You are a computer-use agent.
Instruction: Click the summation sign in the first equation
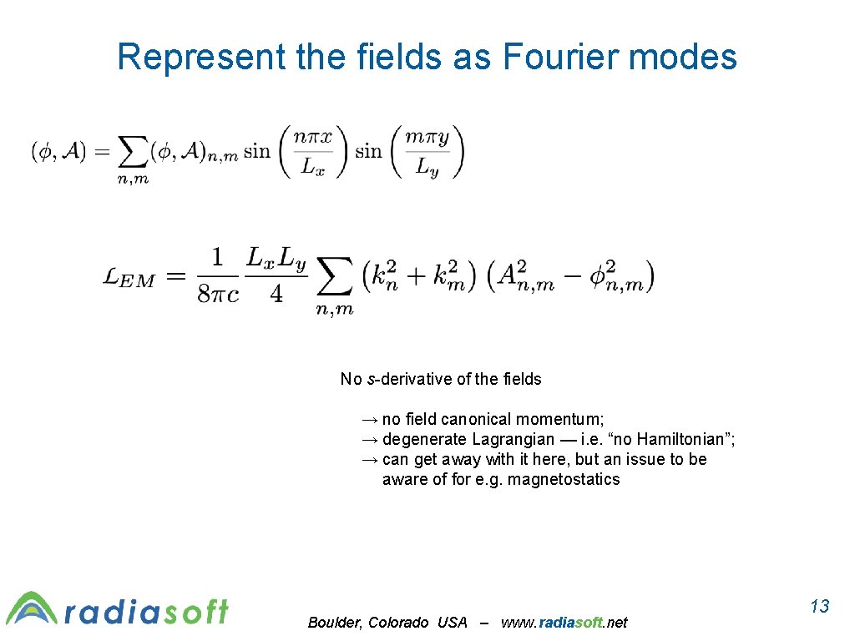[x=132, y=153]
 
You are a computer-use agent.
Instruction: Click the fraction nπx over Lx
[x=313, y=152]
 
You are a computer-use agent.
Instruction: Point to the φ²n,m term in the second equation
[x=613, y=276]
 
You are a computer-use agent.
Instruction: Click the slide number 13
[x=820, y=606]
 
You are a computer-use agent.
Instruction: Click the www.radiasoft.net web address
[x=564, y=622]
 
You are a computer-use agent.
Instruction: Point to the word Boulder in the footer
[x=333, y=622]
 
